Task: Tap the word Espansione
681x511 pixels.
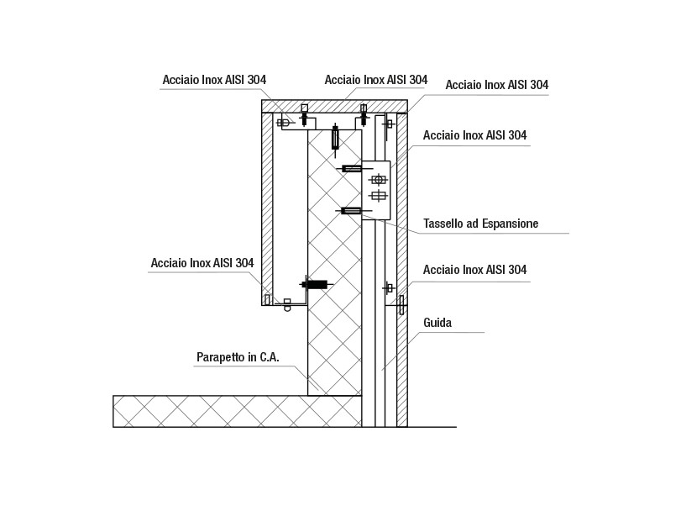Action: click(511, 224)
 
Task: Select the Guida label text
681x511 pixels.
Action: click(437, 323)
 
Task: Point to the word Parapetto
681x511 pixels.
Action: click(221, 357)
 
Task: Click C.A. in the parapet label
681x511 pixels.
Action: click(270, 357)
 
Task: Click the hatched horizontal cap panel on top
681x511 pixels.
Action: click(334, 106)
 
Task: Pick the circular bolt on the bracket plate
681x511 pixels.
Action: click(378, 179)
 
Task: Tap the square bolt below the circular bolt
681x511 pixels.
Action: click(379, 196)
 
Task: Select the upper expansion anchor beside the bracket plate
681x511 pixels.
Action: click(351, 168)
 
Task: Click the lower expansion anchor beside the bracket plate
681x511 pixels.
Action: click(351, 211)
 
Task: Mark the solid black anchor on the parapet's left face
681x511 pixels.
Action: click(317, 285)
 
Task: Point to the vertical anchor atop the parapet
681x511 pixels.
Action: click(335, 138)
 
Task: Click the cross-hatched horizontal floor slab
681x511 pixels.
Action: click(237, 411)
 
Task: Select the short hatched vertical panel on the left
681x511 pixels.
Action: click(267, 208)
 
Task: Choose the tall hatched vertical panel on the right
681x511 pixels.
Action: click(401, 270)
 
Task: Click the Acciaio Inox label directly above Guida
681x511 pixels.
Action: click(474, 270)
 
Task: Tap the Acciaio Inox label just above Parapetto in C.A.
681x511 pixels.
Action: click(202, 263)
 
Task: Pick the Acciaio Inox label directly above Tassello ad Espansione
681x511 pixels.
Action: click(474, 135)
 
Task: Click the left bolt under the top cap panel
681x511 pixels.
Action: click(305, 114)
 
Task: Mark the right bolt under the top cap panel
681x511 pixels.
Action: click(364, 114)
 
